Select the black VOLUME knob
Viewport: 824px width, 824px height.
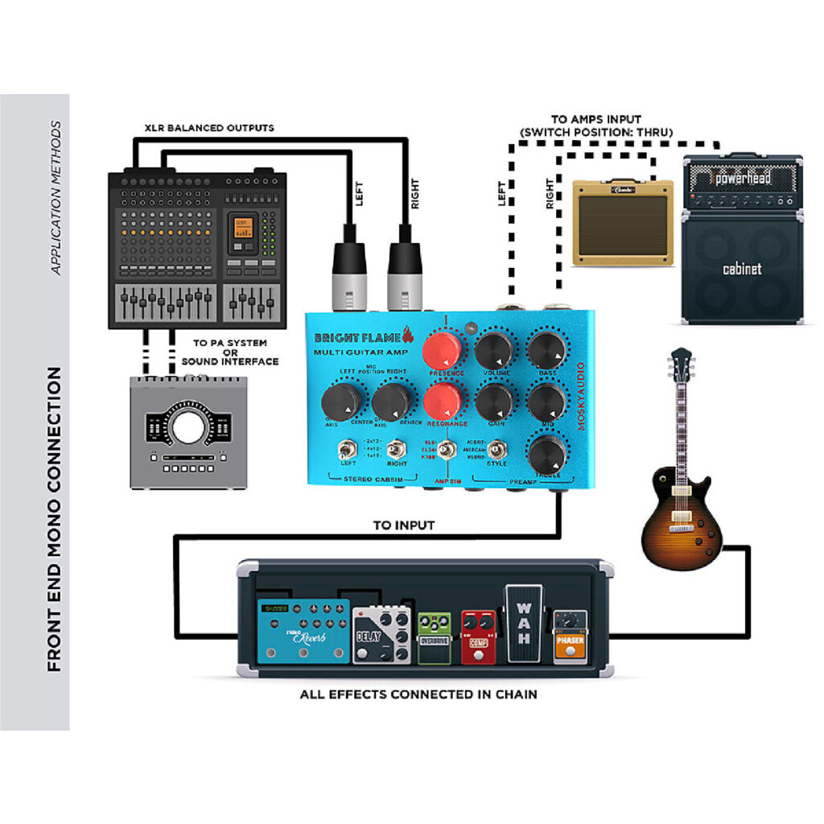493,351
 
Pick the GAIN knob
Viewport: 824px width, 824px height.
493,400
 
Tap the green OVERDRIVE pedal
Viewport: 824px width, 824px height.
435,638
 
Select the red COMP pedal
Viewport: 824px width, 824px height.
478,637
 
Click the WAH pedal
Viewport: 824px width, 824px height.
525,624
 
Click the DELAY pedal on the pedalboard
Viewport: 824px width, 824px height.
382,636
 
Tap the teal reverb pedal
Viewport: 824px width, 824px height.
303,631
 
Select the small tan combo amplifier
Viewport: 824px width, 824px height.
623,222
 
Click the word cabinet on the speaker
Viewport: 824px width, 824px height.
741,269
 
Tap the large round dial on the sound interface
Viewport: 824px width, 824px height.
187,427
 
